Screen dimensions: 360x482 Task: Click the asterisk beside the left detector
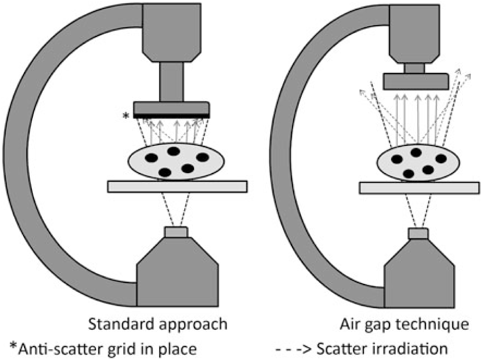[126, 116]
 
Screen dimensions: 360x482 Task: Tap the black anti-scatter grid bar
[171, 116]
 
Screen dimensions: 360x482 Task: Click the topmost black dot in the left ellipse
[173, 151]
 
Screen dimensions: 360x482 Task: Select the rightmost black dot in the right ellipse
[440, 159]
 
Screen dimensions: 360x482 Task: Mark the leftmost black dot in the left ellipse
[151, 158]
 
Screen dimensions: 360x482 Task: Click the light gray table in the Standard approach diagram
[177, 186]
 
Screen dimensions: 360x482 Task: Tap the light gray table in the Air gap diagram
[419, 187]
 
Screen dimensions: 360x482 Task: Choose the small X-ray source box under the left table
[176, 232]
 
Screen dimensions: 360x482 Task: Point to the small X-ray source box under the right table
[418, 234]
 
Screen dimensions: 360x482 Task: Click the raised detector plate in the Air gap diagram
[416, 81]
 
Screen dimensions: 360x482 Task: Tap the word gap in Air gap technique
[381, 326]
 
